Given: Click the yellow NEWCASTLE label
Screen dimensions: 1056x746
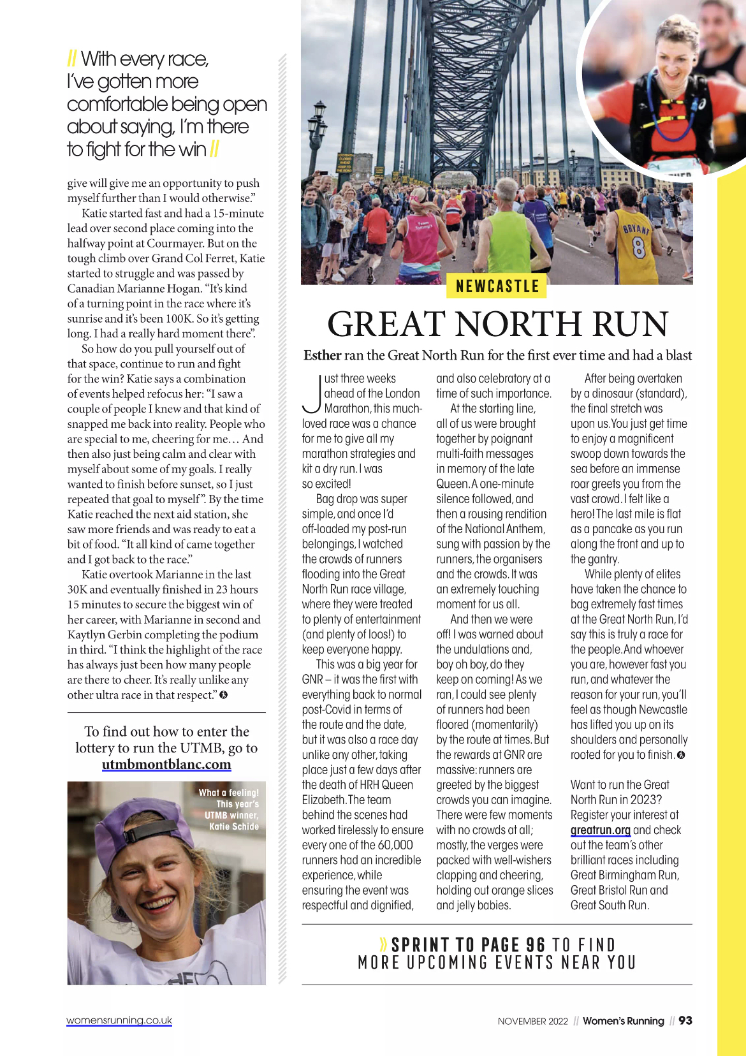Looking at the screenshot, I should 498,286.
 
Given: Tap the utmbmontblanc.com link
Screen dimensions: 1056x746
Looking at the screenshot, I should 166,764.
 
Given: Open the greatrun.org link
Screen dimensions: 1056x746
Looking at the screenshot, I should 600,830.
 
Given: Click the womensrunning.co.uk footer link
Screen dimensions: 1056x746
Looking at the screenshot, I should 119,1020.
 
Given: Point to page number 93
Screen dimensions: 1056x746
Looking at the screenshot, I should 685,1020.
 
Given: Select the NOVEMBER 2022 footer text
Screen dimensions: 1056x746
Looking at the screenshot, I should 532,1021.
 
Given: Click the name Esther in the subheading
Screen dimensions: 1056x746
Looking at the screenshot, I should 323,355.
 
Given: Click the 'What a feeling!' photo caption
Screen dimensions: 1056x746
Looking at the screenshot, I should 229,793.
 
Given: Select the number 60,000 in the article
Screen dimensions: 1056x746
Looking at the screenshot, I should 395,845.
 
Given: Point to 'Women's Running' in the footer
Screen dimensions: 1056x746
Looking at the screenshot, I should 623,1021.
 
